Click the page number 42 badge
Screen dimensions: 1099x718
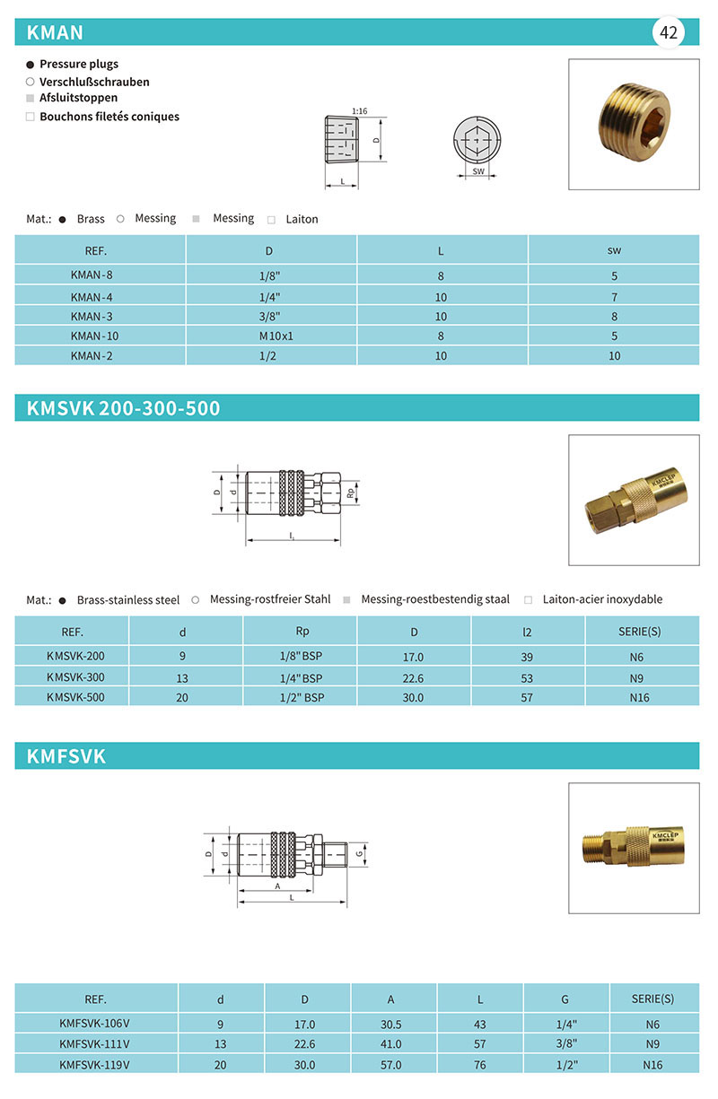click(x=669, y=33)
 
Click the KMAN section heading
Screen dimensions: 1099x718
click(x=56, y=33)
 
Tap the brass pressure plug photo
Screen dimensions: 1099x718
click(x=634, y=124)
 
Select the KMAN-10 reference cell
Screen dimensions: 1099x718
click(x=95, y=336)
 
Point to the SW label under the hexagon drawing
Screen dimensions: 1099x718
click(x=477, y=170)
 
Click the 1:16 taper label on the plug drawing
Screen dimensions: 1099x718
click(x=359, y=111)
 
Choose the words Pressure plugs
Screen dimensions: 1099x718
click(x=79, y=65)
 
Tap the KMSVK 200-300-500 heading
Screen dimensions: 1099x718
click(x=124, y=409)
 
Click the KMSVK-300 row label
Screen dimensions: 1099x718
click(x=75, y=677)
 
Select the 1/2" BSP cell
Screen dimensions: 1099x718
click(x=302, y=697)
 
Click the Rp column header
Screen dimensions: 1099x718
click(x=302, y=631)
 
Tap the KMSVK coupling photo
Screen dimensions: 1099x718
click(x=634, y=500)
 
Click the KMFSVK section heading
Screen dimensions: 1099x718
click(x=66, y=756)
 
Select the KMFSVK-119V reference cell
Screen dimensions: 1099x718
click(x=95, y=1066)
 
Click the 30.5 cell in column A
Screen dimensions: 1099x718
click(x=391, y=1025)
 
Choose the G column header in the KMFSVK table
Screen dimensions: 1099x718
click(x=565, y=999)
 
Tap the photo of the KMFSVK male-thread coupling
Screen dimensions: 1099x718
click(x=634, y=848)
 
